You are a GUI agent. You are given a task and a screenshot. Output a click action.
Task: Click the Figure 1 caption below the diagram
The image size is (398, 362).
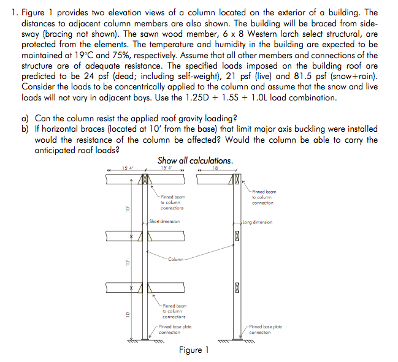click(194, 350)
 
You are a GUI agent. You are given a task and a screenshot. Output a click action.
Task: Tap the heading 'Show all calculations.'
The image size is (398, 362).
click(195, 160)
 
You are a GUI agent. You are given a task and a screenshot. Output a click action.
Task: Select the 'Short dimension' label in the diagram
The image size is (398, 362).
click(164, 221)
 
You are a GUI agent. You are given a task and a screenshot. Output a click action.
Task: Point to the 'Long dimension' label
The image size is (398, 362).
click(257, 222)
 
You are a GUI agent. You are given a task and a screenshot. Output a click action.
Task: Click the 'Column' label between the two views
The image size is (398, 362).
click(175, 259)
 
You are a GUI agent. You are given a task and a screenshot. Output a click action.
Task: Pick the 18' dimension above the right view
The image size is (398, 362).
click(215, 168)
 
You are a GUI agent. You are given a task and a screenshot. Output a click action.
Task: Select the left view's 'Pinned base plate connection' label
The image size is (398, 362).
click(175, 330)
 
